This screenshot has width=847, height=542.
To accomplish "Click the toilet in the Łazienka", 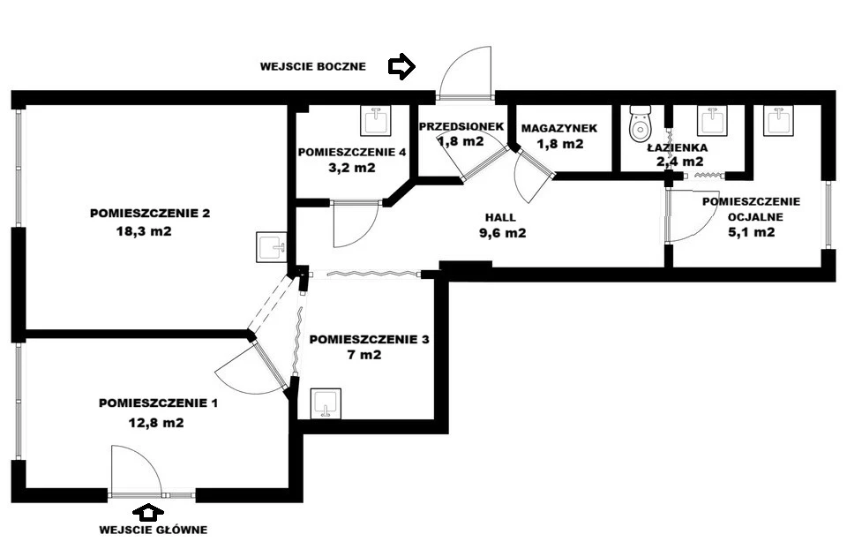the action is tap(641, 124).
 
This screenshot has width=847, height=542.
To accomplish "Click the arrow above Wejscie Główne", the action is tap(147, 512).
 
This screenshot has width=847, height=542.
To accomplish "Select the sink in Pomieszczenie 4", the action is tap(376, 121).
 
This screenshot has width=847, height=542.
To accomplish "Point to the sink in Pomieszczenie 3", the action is tap(326, 403).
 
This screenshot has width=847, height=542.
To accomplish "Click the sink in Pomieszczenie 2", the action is tap(271, 247).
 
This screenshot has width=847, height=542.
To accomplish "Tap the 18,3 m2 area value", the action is tap(144, 231).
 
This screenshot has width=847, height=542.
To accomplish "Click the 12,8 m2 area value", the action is tap(156, 423).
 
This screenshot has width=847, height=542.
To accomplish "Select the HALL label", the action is tap(500, 218).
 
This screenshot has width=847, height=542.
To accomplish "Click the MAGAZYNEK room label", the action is tap(559, 128).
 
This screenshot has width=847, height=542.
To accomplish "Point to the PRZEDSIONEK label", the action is tap(461, 126).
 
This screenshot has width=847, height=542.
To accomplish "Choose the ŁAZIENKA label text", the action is tap(678, 147).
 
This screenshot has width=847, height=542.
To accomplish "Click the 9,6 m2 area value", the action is tap(502, 233).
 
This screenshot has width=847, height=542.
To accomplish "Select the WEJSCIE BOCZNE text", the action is tap(312, 66).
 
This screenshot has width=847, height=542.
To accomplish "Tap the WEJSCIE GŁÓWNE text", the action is tap(154, 530).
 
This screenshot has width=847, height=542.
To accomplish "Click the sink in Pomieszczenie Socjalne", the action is tap(778, 120).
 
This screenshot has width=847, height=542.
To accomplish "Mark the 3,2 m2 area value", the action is tap(352, 168).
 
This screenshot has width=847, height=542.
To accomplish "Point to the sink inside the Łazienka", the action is tap(713, 121).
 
